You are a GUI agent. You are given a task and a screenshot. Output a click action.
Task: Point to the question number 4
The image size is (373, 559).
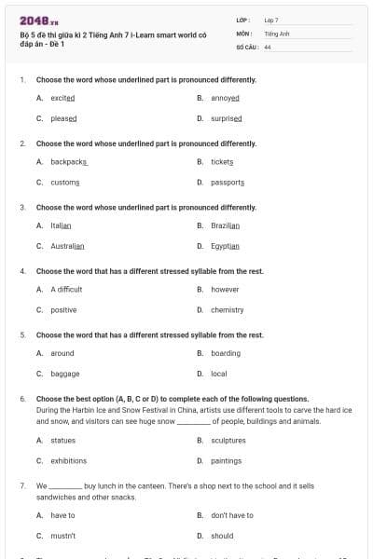click(x=22, y=270)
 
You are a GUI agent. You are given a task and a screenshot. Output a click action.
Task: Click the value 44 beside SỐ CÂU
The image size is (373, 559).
click(x=268, y=47)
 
